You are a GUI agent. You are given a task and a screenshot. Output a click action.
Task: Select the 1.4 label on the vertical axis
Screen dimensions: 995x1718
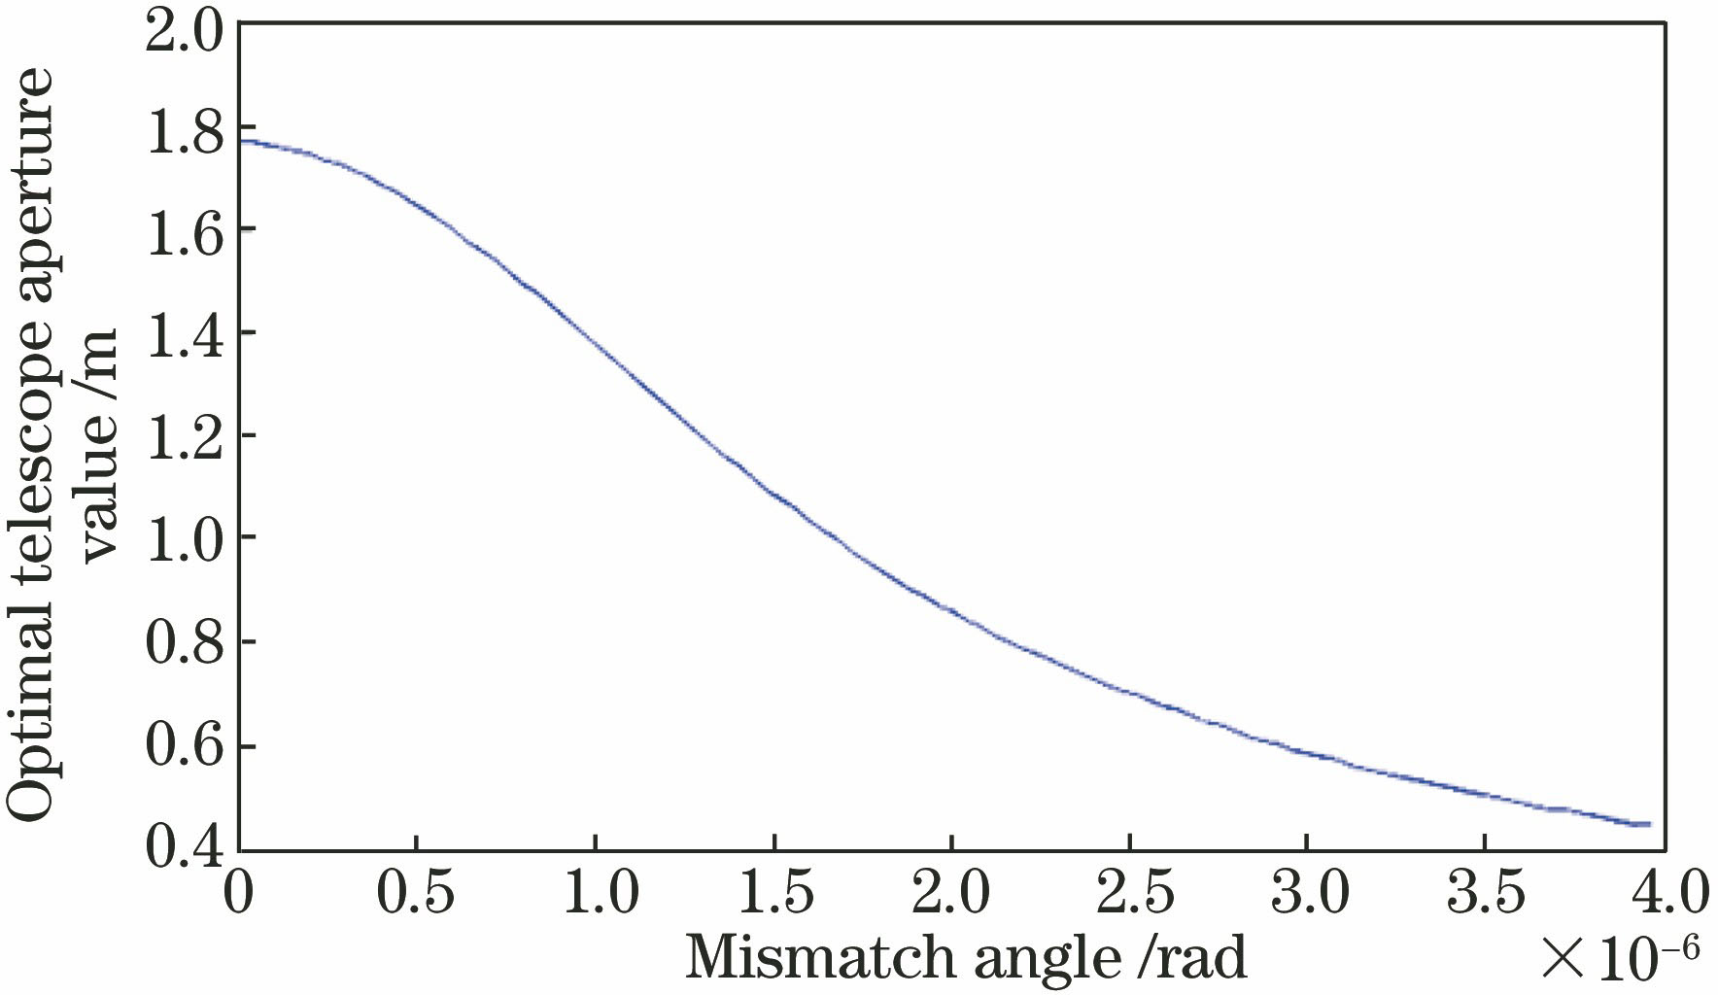pos(184,332)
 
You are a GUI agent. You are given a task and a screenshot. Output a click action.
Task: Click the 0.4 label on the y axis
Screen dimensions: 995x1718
pos(184,847)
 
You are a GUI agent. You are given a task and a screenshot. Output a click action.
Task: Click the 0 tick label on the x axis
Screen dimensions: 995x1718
pos(238,892)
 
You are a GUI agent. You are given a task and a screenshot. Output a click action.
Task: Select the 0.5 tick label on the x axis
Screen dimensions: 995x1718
pos(417,892)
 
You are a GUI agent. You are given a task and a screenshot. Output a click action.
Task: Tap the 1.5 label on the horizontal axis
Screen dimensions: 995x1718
pos(773,892)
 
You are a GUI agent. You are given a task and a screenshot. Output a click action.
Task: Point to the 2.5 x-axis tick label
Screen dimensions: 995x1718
pos(1129,892)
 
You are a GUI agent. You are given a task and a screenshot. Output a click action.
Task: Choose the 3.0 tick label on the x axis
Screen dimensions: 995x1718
pos(1308,892)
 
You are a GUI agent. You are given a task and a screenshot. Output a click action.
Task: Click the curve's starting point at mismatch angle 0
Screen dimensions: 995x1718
pos(240,141)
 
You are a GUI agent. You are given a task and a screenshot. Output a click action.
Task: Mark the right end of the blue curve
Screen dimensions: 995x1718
pos(1649,824)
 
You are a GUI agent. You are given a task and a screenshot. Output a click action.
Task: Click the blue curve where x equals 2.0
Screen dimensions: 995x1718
pos(951,610)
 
